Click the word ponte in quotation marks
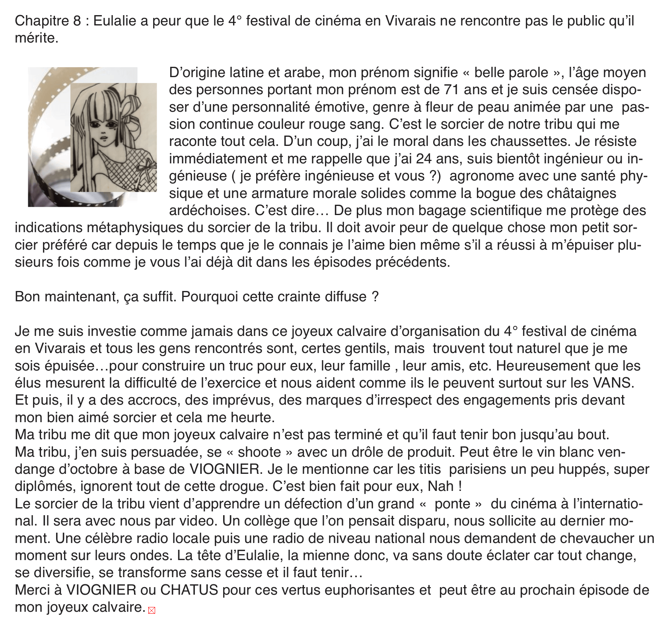click(452, 504)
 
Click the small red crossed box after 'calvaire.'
click(152, 610)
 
